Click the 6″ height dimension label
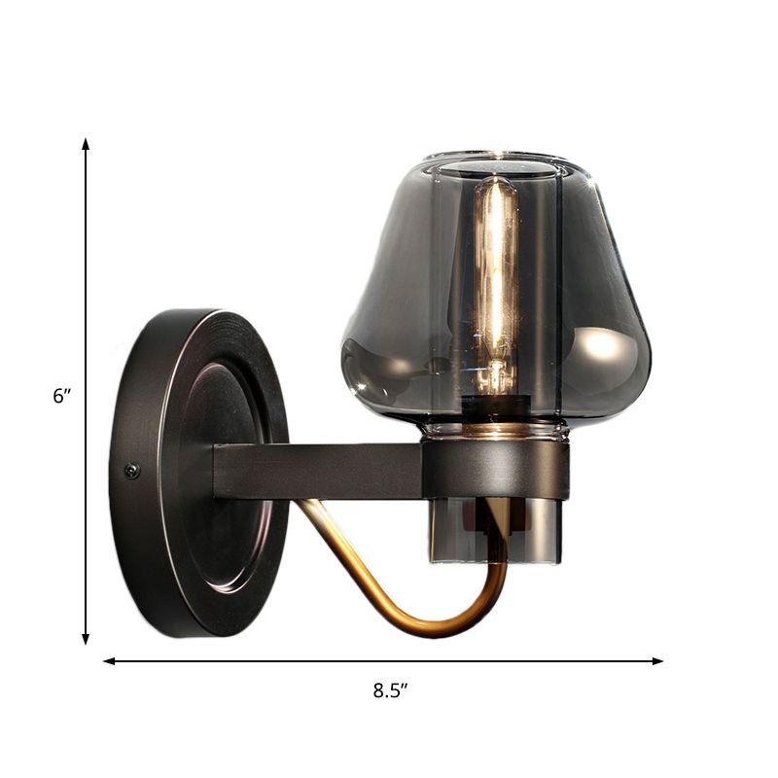pos(63,396)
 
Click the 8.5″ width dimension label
pos(389,691)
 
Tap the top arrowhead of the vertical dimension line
pos(86,144)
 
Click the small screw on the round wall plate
pos(132,470)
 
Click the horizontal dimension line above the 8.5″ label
pos(243,661)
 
